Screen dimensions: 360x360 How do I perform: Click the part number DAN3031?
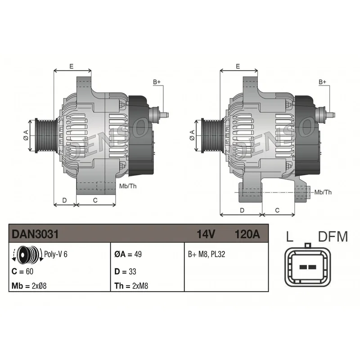coord(35,234)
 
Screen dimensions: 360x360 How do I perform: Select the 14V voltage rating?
coord(206,234)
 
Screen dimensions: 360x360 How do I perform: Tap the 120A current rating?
coord(247,234)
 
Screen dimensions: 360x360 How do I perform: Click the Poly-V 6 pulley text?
coord(55,254)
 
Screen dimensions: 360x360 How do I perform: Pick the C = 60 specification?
coord(22,271)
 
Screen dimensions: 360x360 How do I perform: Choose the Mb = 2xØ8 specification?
coord(29,286)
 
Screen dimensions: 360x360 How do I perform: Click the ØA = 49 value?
coord(128,254)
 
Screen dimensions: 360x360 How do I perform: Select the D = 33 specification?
coord(125,272)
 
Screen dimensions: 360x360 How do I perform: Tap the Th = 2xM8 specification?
coord(131,286)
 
